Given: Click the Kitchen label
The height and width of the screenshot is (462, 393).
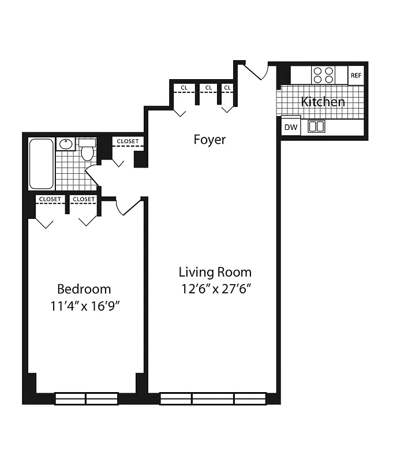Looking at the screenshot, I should tap(323, 102).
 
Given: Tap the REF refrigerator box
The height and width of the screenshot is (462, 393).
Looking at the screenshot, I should tap(356, 76).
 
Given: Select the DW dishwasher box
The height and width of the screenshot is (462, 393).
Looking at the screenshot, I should tap(291, 127).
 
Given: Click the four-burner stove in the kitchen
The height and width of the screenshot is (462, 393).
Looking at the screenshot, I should tap(323, 75).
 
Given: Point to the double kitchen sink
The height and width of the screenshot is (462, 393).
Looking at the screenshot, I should tap(316, 126).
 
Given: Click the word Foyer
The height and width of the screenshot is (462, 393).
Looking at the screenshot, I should tap(209, 139).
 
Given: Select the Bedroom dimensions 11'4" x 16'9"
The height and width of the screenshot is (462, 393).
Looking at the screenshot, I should tap(85, 305).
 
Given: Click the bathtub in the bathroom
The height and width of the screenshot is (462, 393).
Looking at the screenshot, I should tap(42, 163).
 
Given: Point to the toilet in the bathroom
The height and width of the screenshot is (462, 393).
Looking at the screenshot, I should tap(88, 150).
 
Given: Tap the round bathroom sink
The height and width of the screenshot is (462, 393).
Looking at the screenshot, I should tap(66, 144).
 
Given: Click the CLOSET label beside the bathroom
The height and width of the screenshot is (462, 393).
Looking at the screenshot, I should tap(128, 141).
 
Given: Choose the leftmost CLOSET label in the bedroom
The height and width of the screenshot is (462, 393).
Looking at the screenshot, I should tap(50, 199).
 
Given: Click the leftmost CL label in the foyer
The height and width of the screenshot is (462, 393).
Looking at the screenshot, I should tap(184, 88).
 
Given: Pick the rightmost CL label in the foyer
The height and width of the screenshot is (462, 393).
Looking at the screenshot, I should tap(227, 88).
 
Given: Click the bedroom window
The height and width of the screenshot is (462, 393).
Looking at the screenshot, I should tap(85, 398).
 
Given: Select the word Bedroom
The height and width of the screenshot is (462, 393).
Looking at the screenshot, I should tap(84, 289).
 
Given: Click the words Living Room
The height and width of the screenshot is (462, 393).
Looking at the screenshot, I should tap(215, 271).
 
